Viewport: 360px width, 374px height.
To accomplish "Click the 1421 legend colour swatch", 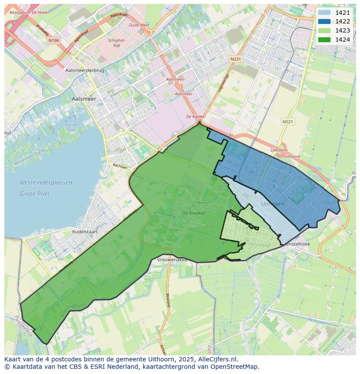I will (324, 13).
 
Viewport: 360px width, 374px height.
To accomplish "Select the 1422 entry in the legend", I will (324, 21).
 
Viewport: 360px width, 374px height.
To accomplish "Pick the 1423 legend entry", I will (324, 30).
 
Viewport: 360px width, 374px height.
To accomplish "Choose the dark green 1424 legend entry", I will (324, 40).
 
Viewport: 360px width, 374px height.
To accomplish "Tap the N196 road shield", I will (54, 40).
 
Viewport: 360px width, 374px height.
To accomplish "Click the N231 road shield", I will (235, 59).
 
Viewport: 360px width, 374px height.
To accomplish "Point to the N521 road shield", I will (287, 122).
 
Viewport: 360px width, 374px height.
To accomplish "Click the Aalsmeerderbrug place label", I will (84, 70).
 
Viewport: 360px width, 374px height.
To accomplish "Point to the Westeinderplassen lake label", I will (46, 183).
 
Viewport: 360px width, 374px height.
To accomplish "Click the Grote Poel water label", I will (34, 194).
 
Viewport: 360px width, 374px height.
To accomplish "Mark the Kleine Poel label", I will (71, 127).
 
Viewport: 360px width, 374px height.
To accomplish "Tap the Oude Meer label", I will (139, 25).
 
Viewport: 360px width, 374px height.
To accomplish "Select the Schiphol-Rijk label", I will (116, 43).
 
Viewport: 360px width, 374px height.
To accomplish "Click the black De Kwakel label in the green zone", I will (193, 213).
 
